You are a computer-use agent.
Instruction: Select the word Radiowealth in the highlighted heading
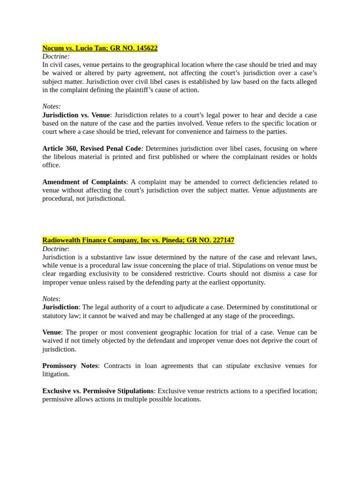pos(61,240)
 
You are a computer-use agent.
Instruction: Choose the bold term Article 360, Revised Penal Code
pos(91,148)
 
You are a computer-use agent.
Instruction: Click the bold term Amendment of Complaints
pos(84,182)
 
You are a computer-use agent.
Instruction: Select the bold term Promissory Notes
pos(70,366)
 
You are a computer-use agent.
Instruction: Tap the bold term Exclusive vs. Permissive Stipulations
pos(98,391)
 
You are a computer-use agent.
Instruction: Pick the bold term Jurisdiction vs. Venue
pos(76,115)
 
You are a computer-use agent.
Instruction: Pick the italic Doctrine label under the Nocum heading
pos(55,56)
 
